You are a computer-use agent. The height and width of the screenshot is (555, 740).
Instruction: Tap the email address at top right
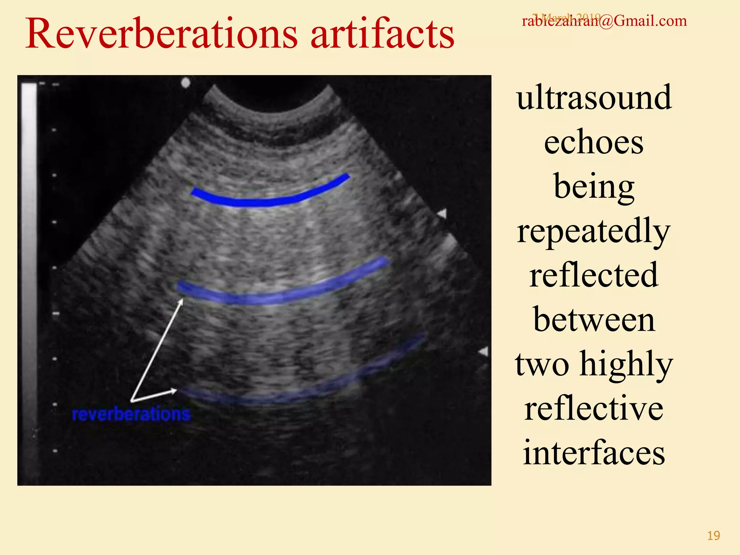click(604, 21)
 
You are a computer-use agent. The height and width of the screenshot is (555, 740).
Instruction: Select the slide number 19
click(713, 535)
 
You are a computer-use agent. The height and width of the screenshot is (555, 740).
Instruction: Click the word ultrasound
click(594, 98)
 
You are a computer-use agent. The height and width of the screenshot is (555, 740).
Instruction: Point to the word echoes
click(594, 142)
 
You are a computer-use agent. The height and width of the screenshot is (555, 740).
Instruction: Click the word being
click(594, 187)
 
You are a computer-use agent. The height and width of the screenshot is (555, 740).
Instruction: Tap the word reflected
click(594, 276)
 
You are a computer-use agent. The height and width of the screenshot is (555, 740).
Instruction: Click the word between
click(594, 320)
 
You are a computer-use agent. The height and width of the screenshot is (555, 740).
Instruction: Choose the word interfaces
click(594, 453)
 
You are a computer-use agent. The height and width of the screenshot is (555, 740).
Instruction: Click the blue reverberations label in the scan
click(131, 414)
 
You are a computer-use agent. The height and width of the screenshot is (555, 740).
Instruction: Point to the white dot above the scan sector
click(185, 83)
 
